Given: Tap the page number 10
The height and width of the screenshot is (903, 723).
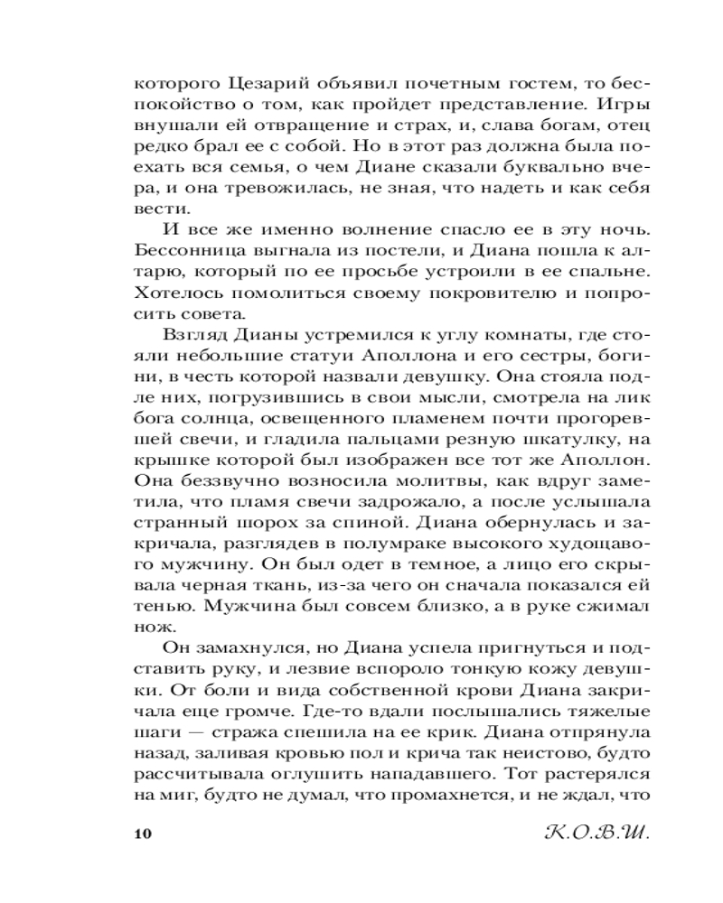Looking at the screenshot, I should [x=144, y=832].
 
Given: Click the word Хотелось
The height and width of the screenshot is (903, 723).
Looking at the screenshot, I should [x=174, y=294].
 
